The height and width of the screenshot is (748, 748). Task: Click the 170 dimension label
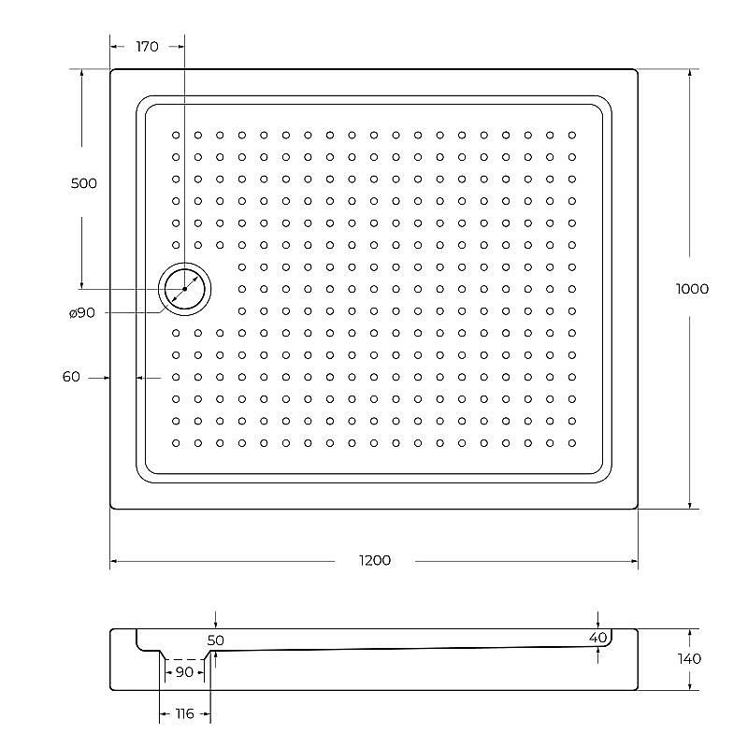[147, 47]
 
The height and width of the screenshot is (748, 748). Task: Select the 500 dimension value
[83, 183]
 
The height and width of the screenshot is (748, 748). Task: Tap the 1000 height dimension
[692, 289]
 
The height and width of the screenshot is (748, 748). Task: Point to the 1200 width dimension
[374, 560]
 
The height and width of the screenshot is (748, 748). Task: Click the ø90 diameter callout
[82, 313]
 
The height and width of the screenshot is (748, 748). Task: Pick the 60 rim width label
[71, 377]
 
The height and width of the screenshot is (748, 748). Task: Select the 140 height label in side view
[690, 658]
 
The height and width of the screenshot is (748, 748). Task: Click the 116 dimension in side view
[184, 714]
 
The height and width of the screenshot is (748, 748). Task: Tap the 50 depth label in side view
[216, 640]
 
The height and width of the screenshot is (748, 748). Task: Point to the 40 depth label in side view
[597, 637]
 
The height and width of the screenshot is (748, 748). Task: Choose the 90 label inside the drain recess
[184, 672]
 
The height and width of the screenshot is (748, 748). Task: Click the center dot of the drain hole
[185, 289]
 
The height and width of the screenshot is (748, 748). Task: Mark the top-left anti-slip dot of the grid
[176, 135]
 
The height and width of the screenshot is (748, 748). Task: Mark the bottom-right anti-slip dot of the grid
[572, 442]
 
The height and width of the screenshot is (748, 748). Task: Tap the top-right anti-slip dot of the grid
[572, 135]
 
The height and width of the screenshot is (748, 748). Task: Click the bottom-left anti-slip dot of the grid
[176, 442]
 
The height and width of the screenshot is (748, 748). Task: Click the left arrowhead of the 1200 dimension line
[114, 562]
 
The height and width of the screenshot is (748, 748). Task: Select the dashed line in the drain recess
[184, 659]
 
